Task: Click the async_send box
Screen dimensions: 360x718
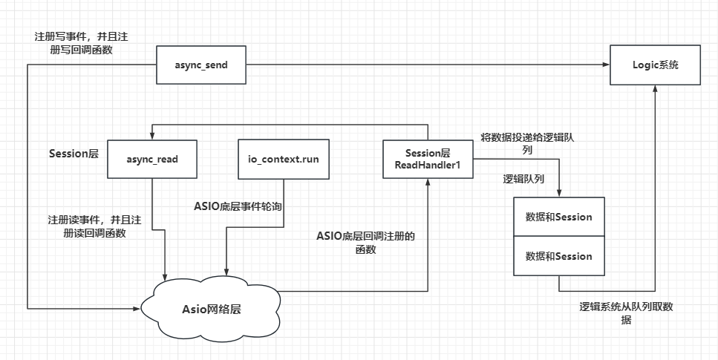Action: (201, 65)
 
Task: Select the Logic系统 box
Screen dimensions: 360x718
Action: (656, 65)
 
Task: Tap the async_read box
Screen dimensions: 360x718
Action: (152, 159)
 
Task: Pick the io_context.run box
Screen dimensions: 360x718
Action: (283, 159)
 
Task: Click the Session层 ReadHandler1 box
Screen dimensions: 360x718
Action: (428, 159)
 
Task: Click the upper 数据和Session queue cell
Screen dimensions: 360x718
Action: (558, 217)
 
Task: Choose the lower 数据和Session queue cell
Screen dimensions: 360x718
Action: (558, 256)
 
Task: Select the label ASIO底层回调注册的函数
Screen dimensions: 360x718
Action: (365, 243)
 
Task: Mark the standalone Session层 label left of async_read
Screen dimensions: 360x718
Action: (74, 154)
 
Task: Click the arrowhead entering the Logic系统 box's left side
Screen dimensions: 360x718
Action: (606, 65)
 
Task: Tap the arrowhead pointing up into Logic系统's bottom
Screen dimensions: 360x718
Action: (656, 88)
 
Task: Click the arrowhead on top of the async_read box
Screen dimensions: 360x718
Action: (152, 135)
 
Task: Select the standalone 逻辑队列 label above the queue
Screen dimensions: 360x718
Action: (523, 179)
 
